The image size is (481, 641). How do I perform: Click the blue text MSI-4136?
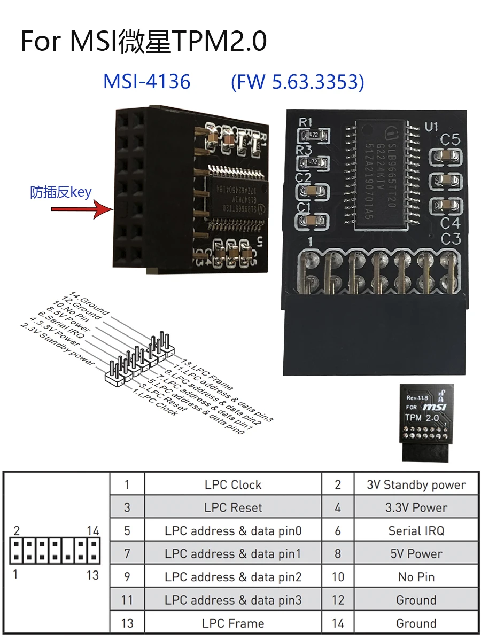[146, 82]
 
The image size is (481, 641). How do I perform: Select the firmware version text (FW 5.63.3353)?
[298, 82]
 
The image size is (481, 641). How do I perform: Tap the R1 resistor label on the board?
[305, 122]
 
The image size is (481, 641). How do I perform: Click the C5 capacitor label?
[450, 140]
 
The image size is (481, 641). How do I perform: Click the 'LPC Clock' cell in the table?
[233, 484]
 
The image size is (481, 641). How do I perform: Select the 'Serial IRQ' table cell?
[416, 531]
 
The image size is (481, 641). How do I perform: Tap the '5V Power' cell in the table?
[416, 554]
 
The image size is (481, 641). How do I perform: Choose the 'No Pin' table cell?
[416, 577]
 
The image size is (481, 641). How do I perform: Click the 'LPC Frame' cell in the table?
[233, 623]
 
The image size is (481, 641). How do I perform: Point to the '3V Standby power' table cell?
[416, 484]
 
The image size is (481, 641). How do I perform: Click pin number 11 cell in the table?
[127, 600]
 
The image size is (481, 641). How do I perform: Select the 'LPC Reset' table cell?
[233, 507]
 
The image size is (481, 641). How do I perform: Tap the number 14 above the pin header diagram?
[93, 531]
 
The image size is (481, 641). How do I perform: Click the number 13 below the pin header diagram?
[92, 575]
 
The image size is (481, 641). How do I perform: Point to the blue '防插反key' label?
[61, 192]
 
